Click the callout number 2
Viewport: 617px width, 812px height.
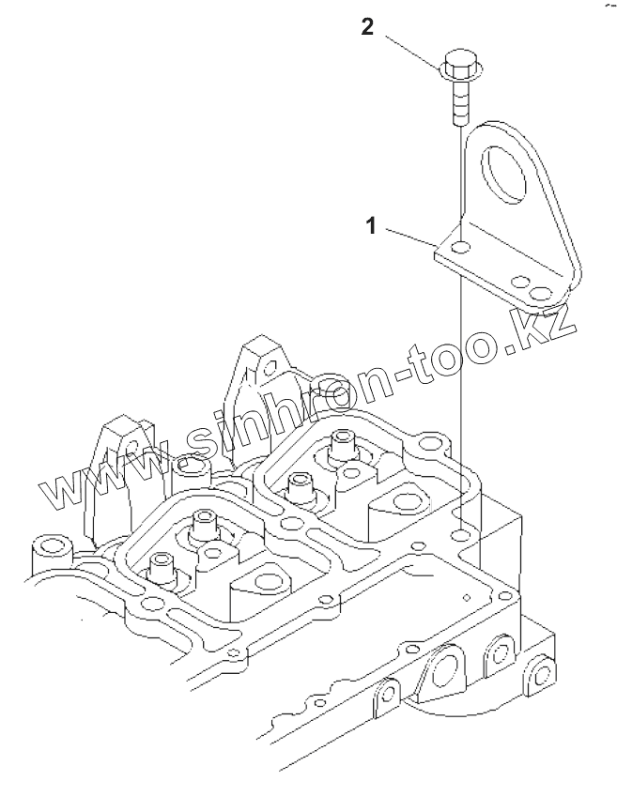[x=367, y=27]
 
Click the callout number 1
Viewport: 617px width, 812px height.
[x=372, y=226]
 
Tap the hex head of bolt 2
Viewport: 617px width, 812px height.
[x=459, y=65]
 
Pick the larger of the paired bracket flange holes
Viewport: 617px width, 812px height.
[x=540, y=293]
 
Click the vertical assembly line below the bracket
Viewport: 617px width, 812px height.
[x=462, y=394]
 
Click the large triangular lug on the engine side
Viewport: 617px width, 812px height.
[x=440, y=677]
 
